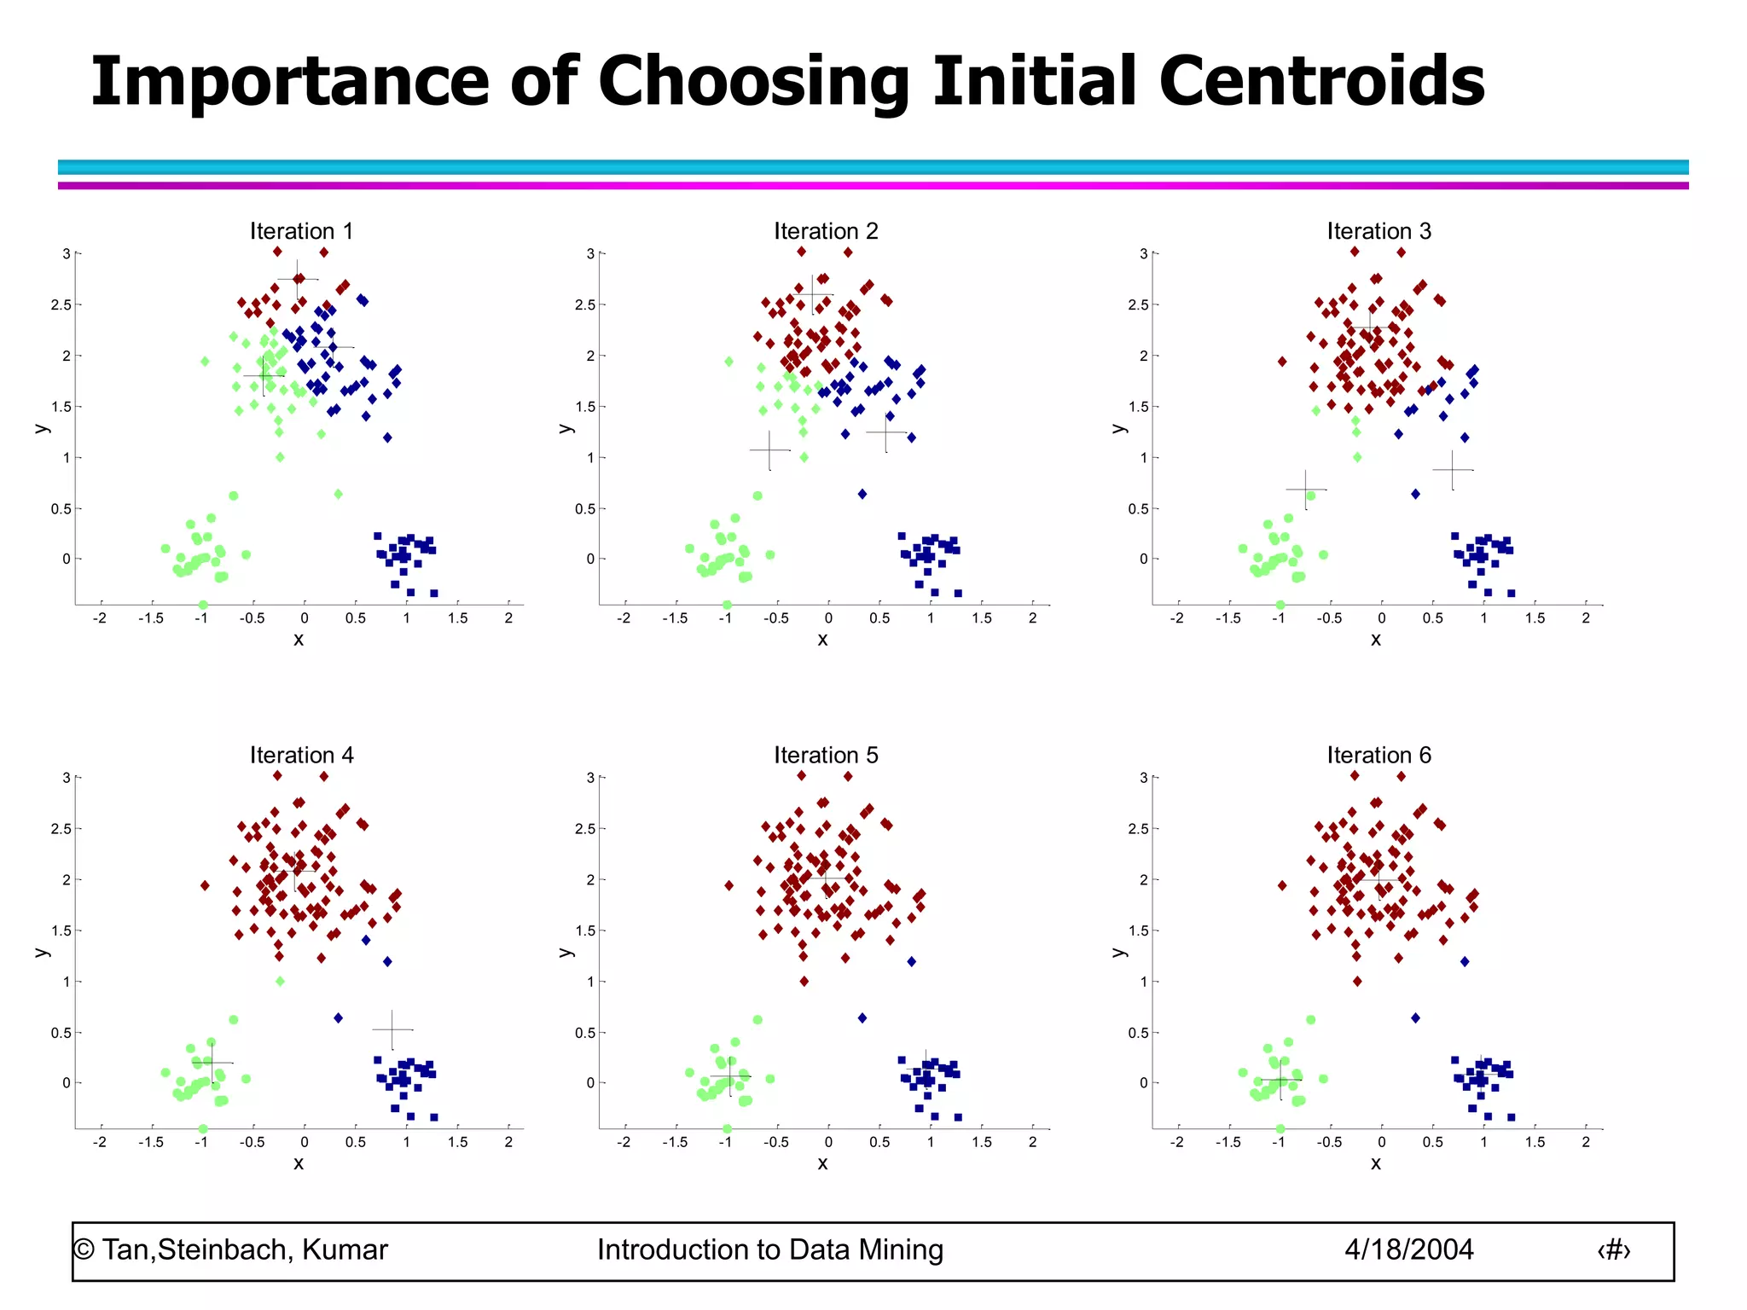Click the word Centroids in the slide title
click(x=1321, y=81)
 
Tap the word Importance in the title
click(x=290, y=81)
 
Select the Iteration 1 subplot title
click(x=301, y=231)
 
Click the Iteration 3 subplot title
click(x=1378, y=231)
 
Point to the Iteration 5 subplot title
click(x=826, y=755)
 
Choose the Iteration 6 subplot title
click(x=1378, y=755)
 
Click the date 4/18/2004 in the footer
click(x=1408, y=1249)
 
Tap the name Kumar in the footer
click(x=345, y=1249)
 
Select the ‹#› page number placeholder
click(x=1613, y=1250)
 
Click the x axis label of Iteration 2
click(x=822, y=640)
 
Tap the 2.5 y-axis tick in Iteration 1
click(x=61, y=304)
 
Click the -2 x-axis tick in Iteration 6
click(x=1177, y=1142)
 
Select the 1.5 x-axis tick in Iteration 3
click(x=1535, y=618)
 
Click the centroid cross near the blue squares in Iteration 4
click(x=392, y=1029)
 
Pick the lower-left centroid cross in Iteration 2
click(x=769, y=449)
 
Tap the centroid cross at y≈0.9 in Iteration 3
click(x=1452, y=469)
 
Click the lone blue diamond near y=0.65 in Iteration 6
click(x=1415, y=1017)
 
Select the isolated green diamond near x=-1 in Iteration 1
click(x=205, y=362)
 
